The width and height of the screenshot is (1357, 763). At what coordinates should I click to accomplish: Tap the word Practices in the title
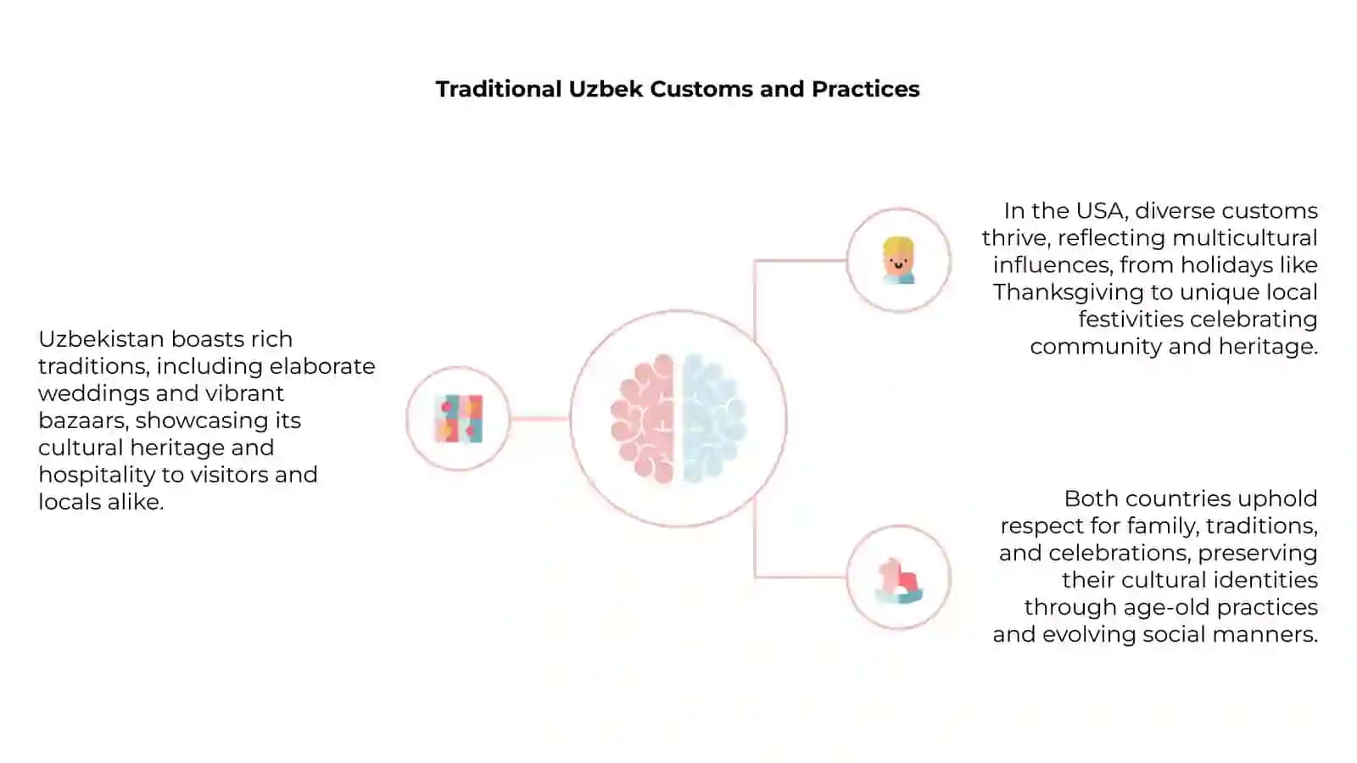tap(866, 89)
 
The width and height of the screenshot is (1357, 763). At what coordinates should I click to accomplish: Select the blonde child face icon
tap(898, 260)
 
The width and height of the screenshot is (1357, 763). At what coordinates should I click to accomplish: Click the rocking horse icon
tap(899, 581)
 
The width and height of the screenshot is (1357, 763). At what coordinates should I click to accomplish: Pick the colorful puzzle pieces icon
tap(459, 419)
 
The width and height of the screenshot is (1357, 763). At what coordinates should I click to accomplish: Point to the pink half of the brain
tap(643, 419)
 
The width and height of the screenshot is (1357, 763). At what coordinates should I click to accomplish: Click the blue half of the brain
tap(713, 419)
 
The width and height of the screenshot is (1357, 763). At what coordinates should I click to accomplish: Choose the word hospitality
tap(97, 476)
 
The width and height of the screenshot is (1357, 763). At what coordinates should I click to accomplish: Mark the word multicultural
tap(1245, 238)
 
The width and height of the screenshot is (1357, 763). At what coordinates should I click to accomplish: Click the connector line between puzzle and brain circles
tap(539, 419)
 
